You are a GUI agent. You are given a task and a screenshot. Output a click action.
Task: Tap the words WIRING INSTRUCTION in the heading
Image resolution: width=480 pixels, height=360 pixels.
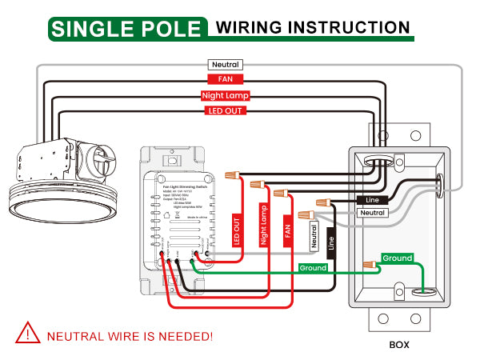coord(313,28)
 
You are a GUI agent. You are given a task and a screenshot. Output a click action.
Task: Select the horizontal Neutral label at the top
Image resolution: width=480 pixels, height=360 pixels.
coord(225,64)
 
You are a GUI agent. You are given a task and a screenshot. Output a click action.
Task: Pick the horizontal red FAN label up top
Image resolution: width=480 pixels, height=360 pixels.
coord(225,80)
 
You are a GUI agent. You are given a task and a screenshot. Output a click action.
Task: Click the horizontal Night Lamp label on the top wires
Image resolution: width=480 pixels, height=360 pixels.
coord(225,96)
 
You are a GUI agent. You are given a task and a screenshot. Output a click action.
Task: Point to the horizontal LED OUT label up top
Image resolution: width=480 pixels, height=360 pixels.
coord(225,110)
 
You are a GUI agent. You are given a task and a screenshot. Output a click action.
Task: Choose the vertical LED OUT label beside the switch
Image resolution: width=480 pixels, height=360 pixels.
coord(237,230)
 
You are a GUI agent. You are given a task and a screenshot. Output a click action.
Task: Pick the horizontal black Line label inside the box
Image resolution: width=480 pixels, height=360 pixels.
coord(373,199)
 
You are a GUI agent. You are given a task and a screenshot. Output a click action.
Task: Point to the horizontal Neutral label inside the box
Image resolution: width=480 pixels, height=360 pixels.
coord(373,214)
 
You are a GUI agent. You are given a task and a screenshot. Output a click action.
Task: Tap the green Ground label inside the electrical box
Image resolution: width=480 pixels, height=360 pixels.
coord(397,258)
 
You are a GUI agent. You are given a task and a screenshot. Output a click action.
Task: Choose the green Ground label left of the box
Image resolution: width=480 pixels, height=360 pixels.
coord(313,268)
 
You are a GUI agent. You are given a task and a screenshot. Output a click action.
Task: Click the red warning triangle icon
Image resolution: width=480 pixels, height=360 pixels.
coord(30,333)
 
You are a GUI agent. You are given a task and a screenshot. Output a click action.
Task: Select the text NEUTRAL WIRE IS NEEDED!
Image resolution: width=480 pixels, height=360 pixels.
coord(130,335)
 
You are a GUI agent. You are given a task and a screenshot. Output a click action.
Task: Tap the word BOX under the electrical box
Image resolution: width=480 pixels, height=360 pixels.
coord(399,346)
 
